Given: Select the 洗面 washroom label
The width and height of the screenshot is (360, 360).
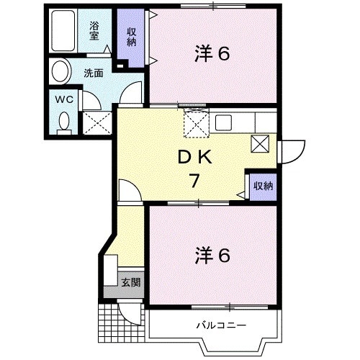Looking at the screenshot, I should (x=93, y=73).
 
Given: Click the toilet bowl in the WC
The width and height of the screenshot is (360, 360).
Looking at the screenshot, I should (x=63, y=121).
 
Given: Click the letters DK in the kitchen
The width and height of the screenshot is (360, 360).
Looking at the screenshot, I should (x=192, y=156).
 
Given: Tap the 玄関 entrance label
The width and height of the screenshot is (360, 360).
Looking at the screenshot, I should (x=131, y=282).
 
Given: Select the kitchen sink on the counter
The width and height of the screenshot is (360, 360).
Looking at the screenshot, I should (x=222, y=122).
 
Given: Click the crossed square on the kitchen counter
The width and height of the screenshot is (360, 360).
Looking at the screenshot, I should (x=260, y=143).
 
